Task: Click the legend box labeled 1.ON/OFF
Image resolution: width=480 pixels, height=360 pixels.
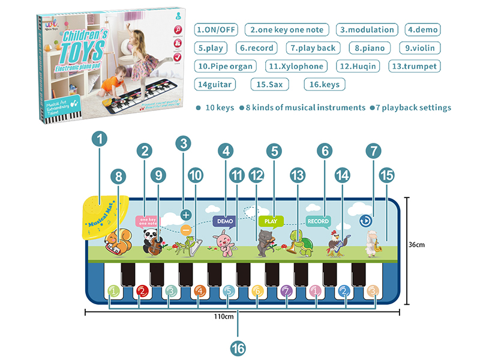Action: (217, 29)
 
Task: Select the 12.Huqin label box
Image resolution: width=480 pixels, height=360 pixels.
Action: (359, 66)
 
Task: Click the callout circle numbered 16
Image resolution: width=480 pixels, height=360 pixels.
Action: (238, 346)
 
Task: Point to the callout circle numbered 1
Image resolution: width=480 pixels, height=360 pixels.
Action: (101, 140)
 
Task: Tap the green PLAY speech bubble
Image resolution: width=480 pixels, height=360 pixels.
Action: (271, 221)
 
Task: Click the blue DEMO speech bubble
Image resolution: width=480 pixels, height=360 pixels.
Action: (225, 221)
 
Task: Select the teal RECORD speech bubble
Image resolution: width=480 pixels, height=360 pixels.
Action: (318, 221)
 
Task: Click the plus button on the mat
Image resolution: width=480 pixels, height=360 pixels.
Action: (185, 214)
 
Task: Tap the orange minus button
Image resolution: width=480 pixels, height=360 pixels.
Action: (185, 230)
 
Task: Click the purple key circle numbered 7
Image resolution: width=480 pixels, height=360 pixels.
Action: (286, 292)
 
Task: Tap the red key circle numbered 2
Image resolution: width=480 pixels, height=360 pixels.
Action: (142, 292)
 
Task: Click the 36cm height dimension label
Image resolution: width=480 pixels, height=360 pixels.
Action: (416, 245)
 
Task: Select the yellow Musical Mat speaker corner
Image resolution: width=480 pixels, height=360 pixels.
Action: (103, 216)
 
